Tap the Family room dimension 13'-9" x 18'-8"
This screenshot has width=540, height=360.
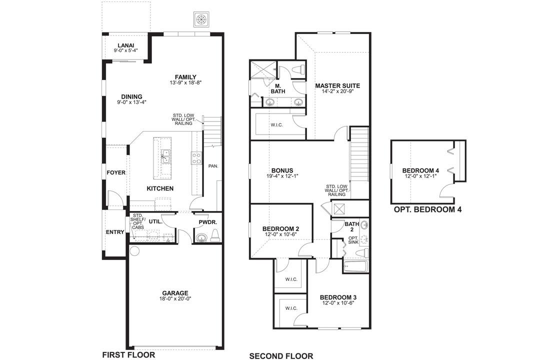click(x=185, y=82)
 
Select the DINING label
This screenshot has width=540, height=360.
click(x=131, y=96)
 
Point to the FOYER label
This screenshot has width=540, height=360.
click(x=116, y=172)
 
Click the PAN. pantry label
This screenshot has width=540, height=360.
click(x=212, y=165)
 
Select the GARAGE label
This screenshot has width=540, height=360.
click(x=175, y=293)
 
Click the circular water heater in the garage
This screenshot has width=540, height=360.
click(x=134, y=250)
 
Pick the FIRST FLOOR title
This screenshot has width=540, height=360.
click(x=128, y=354)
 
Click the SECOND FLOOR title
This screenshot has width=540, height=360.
click(x=281, y=355)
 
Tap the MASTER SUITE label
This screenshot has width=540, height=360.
click(x=337, y=85)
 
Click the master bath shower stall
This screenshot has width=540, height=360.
click(x=262, y=69)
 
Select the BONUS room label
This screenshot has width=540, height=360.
click(x=282, y=170)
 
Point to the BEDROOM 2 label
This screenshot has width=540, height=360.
click(x=280, y=229)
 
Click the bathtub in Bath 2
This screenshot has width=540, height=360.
click(x=355, y=266)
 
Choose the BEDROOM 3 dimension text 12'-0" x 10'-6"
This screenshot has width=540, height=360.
click(x=338, y=303)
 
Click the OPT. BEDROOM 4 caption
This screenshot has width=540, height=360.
click(x=427, y=209)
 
